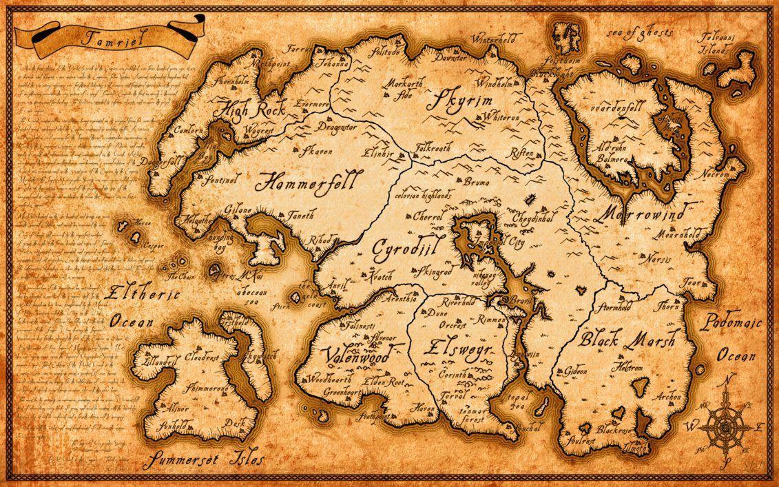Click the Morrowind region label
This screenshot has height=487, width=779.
pyautogui.click(x=641, y=214)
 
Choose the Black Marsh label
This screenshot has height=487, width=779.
pyautogui.click(x=626, y=339)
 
